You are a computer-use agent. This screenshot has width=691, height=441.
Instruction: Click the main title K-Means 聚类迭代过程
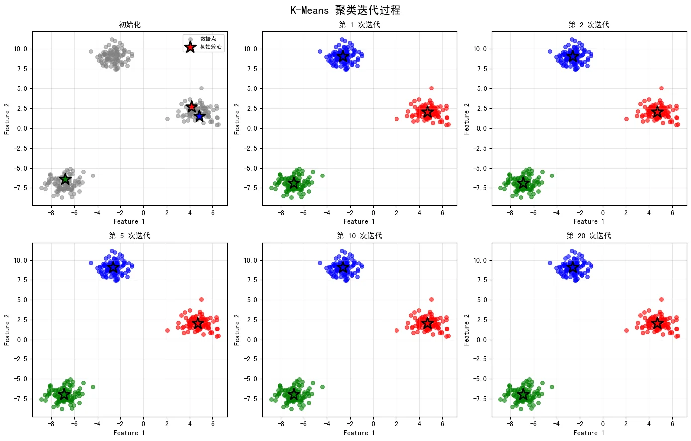345,10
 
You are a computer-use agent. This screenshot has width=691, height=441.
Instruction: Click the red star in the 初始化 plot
192,107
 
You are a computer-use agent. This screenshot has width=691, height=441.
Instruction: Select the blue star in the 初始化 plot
199,116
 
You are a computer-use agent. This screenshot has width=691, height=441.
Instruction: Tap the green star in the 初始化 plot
65,179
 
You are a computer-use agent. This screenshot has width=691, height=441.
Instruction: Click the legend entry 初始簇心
211,47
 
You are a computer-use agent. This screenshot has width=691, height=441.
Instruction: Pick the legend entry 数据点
208,39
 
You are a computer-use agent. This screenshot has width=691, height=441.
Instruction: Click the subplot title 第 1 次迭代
359,25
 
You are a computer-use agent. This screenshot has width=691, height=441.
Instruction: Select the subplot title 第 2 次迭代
589,25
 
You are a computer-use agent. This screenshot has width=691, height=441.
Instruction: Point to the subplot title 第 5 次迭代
130,236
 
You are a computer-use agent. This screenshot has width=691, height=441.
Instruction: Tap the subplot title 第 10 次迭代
359,236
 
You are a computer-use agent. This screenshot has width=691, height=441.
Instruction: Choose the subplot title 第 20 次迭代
589,236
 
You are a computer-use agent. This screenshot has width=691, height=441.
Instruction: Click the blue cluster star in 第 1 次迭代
343,56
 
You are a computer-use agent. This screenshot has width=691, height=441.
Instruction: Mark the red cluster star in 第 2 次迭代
657,112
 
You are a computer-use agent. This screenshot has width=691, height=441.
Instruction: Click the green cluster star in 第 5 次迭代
64,394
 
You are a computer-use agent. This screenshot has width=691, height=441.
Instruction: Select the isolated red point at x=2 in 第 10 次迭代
396,330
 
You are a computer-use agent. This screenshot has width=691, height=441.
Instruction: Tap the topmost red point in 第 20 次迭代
661,299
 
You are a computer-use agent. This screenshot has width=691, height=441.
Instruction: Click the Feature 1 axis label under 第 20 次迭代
589,433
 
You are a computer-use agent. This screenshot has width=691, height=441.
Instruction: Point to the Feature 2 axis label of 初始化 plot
7,119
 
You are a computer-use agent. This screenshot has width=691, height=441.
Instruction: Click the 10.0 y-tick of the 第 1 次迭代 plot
250,49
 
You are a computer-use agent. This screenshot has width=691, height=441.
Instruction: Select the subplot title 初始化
130,25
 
